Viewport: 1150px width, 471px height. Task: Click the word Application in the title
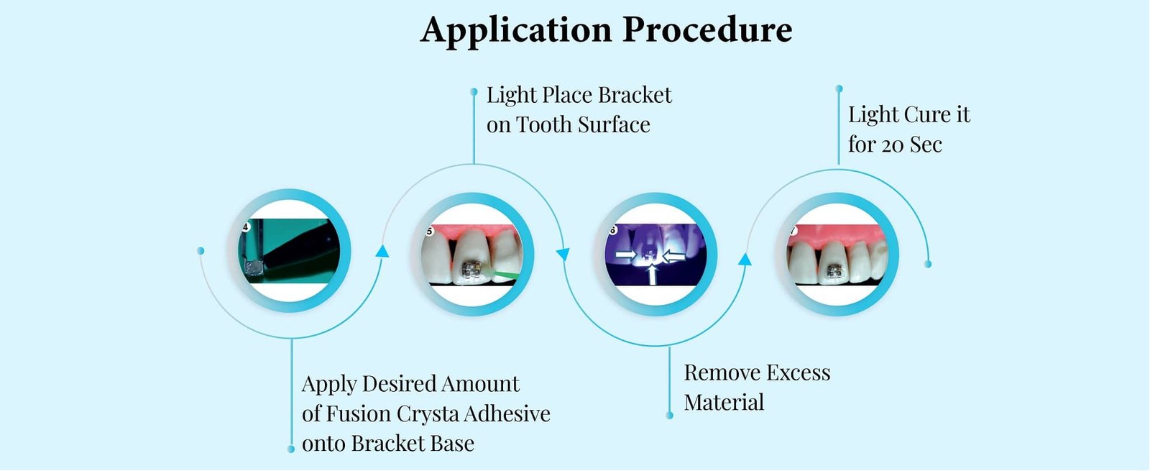pyautogui.click(x=515, y=31)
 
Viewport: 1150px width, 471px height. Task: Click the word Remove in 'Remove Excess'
pyautogui.click(x=719, y=372)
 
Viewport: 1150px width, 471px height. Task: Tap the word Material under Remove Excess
pyautogui.click(x=724, y=403)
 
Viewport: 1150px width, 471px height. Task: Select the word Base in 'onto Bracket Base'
pyautogui.click(x=452, y=444)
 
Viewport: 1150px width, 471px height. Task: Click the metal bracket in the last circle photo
pyautogui.click(x=834, y=271)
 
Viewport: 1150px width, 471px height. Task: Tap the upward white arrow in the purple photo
pyautogui.click(x=652, y=274)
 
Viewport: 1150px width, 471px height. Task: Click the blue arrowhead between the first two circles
pyautogui.click(x=382, y=251)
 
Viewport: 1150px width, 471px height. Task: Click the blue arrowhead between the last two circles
pyautogui.click(x=745, y=259)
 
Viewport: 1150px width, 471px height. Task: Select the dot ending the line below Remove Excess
pyautogui.click(x=670, y=416)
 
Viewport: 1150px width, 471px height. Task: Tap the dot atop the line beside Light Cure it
pyautogui.click(x=839, y=89)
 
